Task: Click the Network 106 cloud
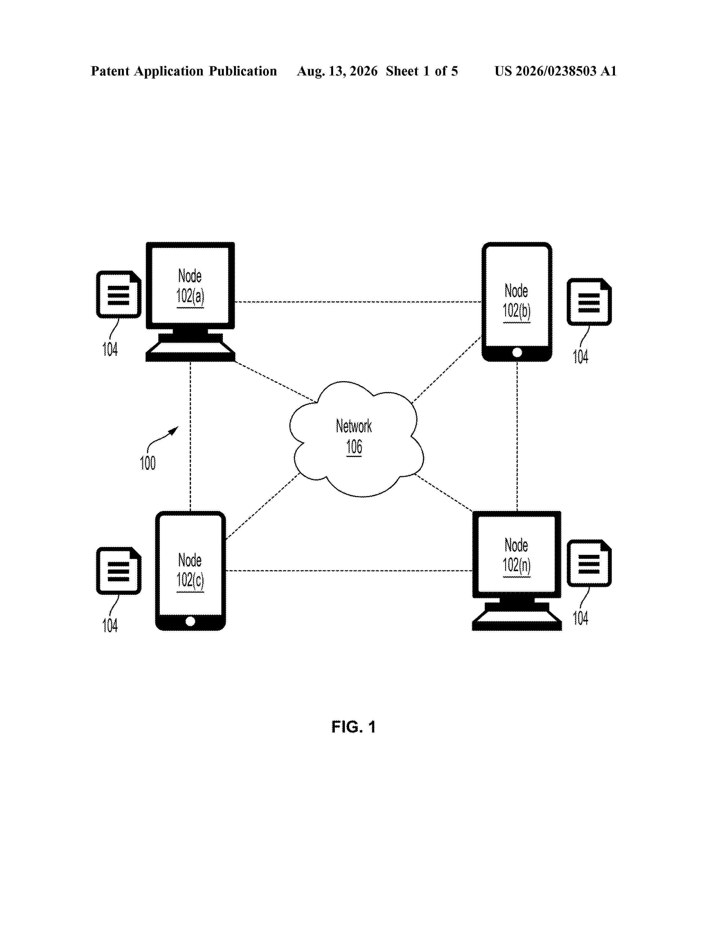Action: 356,439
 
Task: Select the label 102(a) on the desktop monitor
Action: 190,296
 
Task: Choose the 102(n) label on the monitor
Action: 517,565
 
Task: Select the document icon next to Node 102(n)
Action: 589,563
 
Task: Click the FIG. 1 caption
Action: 353,727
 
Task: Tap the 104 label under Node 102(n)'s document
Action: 581,618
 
